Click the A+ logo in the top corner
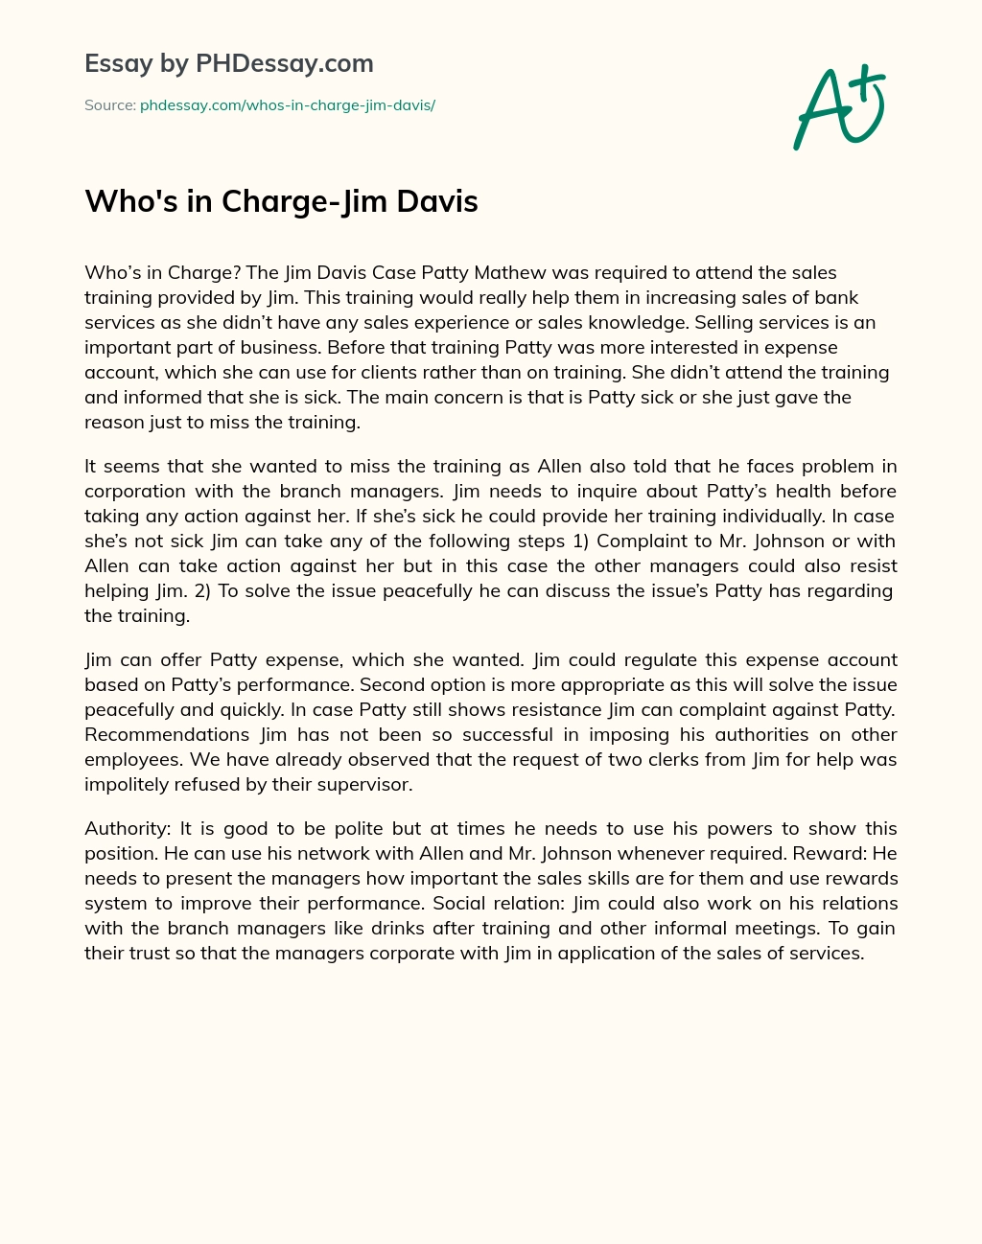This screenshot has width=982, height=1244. click(x=838, y=107)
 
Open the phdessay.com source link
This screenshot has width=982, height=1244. click(x=287, y=105)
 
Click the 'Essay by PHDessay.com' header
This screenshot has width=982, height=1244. click(x=228, y=63)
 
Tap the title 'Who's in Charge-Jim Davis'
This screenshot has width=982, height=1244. click(x=281, y=201)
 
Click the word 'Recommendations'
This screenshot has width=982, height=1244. click(x=168, y=734)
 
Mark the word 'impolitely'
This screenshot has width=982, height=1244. click(x=129, y=784)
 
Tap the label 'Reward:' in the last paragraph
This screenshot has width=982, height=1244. click(x=830, y=853)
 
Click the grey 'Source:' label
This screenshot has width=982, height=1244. click(x=109, y=105)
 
